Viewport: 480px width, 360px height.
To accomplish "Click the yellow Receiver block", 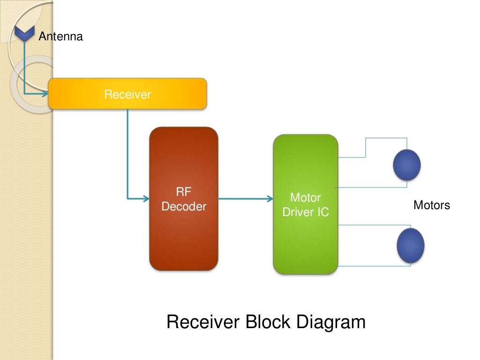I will [127, 94].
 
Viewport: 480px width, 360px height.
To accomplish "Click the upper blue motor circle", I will [406, 165].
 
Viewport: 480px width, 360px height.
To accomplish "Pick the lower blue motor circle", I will [410, 245].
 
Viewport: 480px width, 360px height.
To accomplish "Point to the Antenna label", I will [60, 37].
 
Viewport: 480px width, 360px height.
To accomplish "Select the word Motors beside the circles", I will [431, 205].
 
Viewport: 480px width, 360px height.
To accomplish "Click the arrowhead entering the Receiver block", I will [45, 94].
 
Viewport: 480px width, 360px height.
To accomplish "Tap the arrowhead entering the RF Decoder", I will [146, 199].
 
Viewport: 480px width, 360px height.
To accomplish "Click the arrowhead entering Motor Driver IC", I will [270, 199].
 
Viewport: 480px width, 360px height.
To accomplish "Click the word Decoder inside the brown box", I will [184, 207].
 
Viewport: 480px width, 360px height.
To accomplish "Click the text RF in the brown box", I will [184, 191].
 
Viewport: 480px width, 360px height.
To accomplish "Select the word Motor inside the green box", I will [305, 197].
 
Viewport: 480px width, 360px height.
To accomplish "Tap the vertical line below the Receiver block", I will [127, 150].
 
